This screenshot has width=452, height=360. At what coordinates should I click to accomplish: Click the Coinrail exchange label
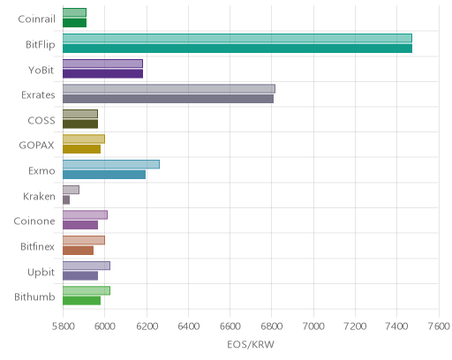click(x=36, y=19)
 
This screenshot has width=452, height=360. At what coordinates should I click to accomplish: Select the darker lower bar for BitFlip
click(x=237, y=49)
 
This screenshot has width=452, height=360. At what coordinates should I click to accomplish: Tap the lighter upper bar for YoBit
click(x=102, y=64)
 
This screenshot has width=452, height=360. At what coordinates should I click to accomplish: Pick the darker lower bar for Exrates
click(x=168, y=99)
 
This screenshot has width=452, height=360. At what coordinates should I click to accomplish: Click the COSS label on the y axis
click(x=41, y=120)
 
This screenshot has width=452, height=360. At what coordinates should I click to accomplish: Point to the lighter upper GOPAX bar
click(x=84, y=139)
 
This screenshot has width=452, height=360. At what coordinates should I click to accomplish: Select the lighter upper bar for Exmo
click(x=111, y=164)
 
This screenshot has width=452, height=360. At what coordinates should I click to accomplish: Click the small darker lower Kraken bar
click(x=66, y=200)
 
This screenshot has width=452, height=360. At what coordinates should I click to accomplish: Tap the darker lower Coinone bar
click(x=80, y=225)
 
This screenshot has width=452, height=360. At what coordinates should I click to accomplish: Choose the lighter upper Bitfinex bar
click(x=84, y=240)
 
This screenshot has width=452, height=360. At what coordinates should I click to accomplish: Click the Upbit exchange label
click(x=41, y=273)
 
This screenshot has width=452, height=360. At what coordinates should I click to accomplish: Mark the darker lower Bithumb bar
click(x=81, y=301)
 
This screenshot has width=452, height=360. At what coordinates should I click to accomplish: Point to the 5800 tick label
click(x=63, y=326)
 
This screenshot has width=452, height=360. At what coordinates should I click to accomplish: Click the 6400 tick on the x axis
click(x=188, y=326)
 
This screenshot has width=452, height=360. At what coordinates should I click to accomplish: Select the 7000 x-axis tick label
click(x=313, y=326)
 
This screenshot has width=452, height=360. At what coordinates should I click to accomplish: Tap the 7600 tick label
click(x=439, y=326)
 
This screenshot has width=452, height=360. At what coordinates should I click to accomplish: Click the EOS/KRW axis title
click(x=251, y=344)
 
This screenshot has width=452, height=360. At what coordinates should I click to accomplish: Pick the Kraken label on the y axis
click(x=39, y=196)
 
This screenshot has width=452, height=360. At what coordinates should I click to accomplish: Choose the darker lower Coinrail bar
click(x=74, y=23)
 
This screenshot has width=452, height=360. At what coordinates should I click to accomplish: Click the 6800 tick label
click(x=272, y=326)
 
